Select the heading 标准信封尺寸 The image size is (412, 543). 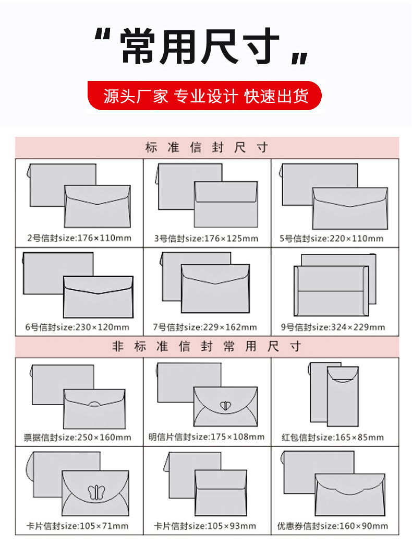tap(207, 148)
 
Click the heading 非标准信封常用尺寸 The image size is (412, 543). tap(207, 347)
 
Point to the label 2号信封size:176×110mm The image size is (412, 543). tap(79, 239)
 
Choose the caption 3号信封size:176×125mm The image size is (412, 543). tap(206, 239)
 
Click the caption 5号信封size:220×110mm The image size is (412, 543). tap(332, 239)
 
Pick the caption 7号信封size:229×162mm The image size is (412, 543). tap(205, 327)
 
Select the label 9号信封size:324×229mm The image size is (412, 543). tap(333, 327)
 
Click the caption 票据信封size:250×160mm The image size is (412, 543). tap(77, 437)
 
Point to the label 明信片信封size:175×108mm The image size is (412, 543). tap(207, 436)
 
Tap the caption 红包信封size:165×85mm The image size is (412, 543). tap(333, 437)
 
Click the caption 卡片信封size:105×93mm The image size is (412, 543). tap(205, 526)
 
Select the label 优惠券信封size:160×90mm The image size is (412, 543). tap(333, 526)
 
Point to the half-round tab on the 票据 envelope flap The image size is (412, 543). tap(95, 404)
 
